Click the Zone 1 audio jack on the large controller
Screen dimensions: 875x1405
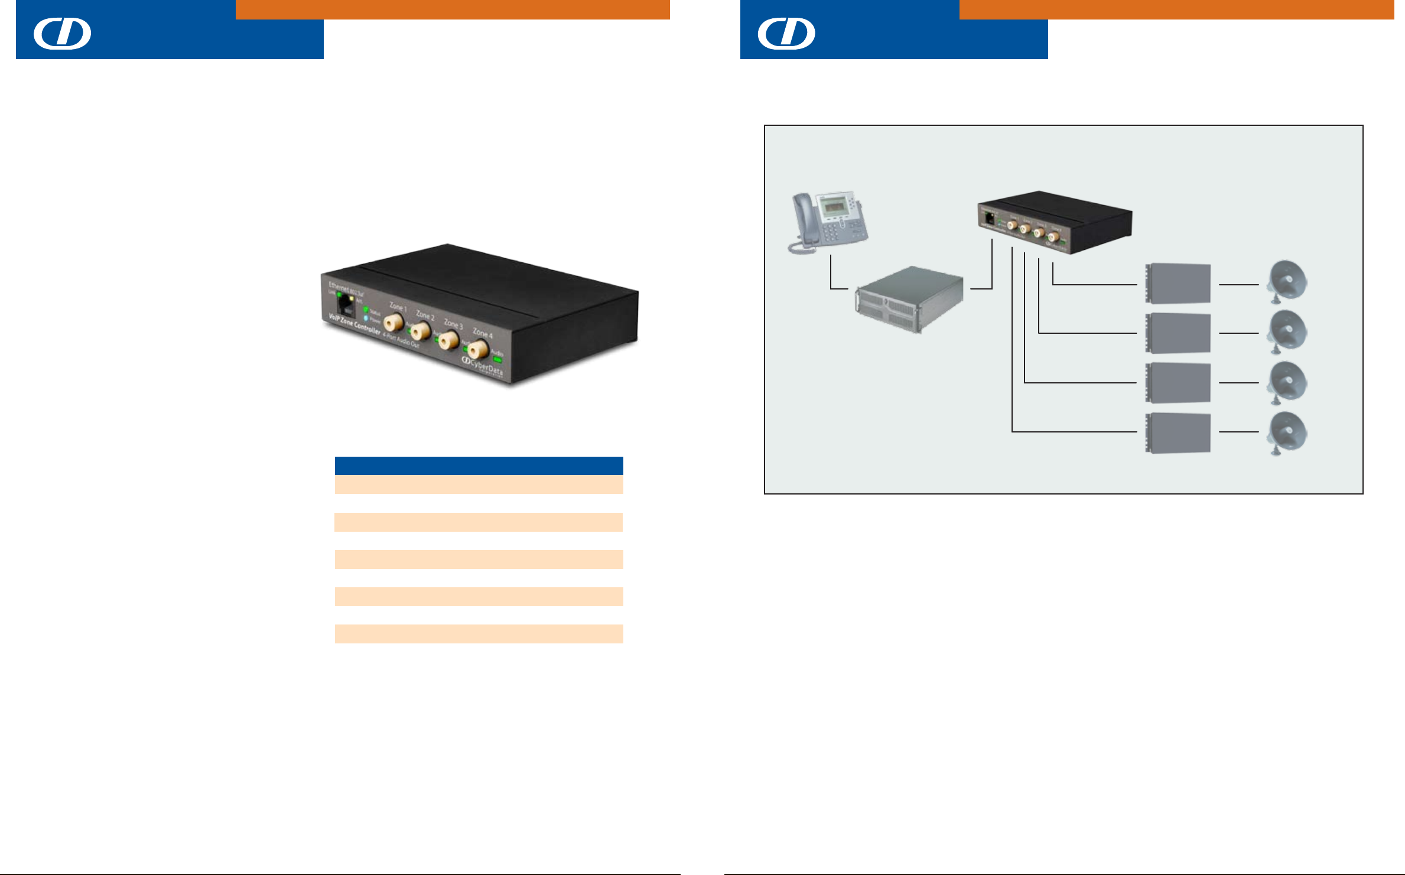coord(393,323)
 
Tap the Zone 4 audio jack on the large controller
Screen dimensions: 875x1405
coord(477,350)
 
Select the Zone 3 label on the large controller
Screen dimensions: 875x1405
coord(453,324)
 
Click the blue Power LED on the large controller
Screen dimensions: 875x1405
coord(366,318)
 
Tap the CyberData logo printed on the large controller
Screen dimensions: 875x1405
coord(483,366)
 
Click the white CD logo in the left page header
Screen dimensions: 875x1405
coord(62,33)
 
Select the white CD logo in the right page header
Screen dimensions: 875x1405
coord(786,33)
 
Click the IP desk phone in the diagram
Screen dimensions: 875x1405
coord(828,222)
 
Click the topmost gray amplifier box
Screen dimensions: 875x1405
coord(1178,284)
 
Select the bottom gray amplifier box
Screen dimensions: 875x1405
coord(1178,433)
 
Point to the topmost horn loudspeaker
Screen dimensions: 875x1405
coord(1288,281)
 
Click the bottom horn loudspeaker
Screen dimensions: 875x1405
coord(1288,434)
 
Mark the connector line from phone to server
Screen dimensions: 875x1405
coord(831,278)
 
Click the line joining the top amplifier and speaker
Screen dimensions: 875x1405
coord(1238,285)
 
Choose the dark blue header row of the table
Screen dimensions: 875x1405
coord(479,466)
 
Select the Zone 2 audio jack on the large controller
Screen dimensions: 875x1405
coord(420,331)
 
